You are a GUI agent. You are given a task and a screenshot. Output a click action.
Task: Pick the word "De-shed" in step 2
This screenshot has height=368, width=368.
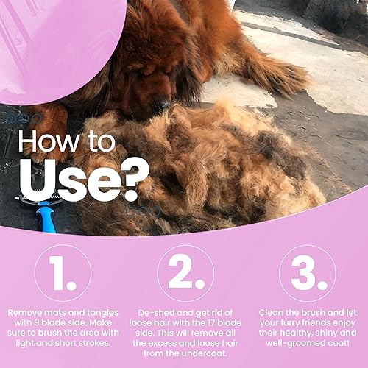147,311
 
